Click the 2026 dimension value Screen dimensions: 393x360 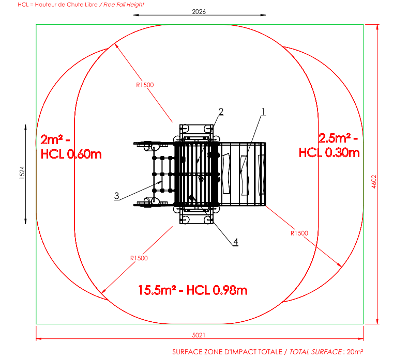pyautogui.click(x=199, y=11)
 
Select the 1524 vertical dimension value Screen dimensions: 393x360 pyautogui.click(x=22, y=173)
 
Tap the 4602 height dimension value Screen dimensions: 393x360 pyautogui.click(x=374, y=181)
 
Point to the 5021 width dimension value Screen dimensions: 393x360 pyautogui.click(x=199, y=335)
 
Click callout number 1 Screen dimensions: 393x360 pyautogui.click(x=263, y=112)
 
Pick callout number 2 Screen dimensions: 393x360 pyautogui.click(x=221, y=112)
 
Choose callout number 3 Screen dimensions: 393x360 pyautogui.click(x=116, y=196)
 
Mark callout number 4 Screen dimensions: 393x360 pyautogui.click(x=236, y=242)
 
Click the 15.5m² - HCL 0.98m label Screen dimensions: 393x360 pyautogui.click(x=192, y=290)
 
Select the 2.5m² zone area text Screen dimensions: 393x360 pyautogui.click(x=335, y=138)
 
